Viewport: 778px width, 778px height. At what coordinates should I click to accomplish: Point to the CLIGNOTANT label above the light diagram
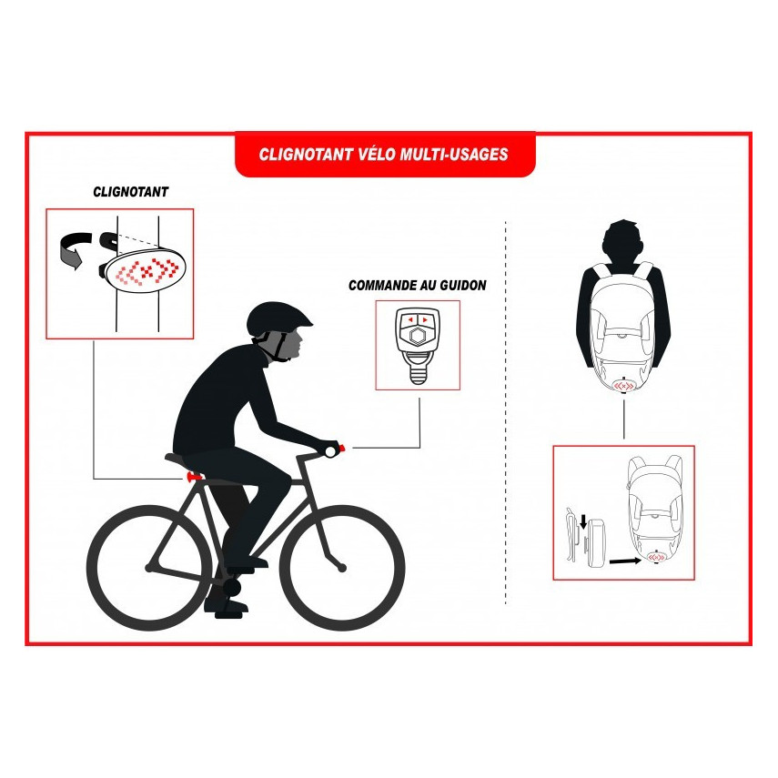click(x=131, y=192)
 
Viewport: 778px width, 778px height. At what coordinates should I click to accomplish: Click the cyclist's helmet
click(x=278, y=317)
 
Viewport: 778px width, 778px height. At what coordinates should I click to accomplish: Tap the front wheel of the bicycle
click(x=342, y=568)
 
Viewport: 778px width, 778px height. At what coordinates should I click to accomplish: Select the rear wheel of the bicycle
click(x=150, y=568)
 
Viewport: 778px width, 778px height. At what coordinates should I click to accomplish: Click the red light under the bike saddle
click(x=194, y=477)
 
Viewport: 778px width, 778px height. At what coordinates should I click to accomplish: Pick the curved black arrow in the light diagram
click(x=76, y=249)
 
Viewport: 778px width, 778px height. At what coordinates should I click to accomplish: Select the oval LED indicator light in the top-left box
click(x=143, y=271)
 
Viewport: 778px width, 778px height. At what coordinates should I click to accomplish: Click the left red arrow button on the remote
click(x=409, y=320)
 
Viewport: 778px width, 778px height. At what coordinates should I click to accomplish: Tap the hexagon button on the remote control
click(x=417, y=337)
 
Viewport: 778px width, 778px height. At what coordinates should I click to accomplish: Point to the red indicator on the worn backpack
click(x=623, y=385)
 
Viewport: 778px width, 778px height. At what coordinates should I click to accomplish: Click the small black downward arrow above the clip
click(x=583, y=521)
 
